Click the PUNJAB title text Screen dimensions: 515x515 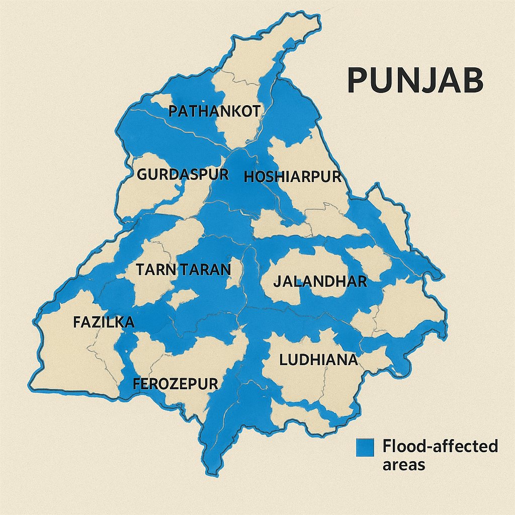pyautogui.click(x=415, y=80)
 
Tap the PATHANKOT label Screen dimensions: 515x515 pyautogui.click(x=214, y=111)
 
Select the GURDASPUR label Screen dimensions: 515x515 pyautogui.click(x=183, y=175)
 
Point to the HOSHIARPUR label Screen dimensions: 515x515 pyautogui.click(x=292, y=177)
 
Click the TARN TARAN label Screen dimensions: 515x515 pyautogui.click(x=184, y=270)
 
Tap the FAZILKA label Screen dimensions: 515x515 pyautogui.click(x=104, y=322)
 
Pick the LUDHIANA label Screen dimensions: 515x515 pyautogui.click(x=318, y=360)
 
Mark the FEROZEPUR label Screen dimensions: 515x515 pyautogui.click(x=176, y=384)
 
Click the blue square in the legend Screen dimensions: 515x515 pyautogui.click(x=365, y=447)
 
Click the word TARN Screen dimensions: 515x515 pyautogui.click(x=153, y=270)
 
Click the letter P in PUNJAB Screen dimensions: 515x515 pyautogui.click(x=358, y=80)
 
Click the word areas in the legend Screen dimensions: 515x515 pyautogui.click(x=403, y=464)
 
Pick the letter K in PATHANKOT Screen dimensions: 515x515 pyautogui.click(x=229, y=111)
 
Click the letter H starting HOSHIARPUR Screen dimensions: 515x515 pyautogui.click(x=249, y=177)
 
